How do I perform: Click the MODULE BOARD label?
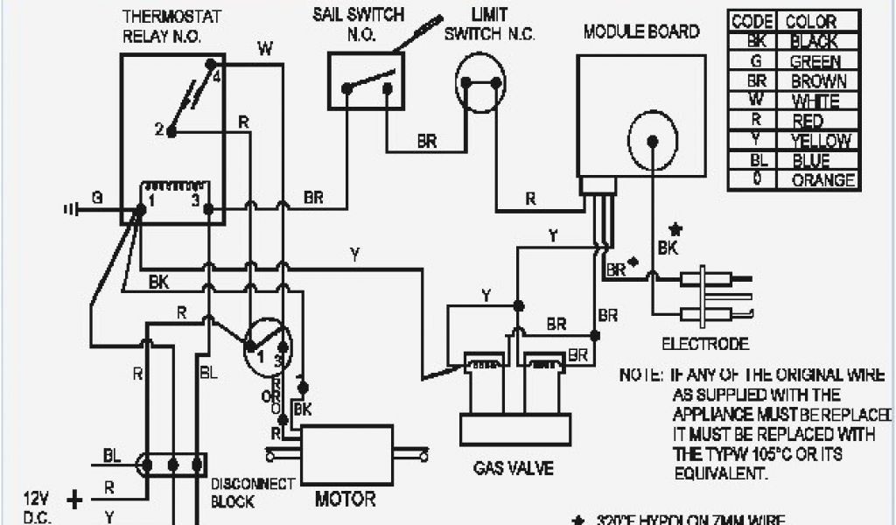[x=641, y=32]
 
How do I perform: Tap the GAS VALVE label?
[x=514, y=468]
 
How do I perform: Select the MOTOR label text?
[x=345, y=500]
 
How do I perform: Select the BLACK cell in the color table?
[x=813, y=41]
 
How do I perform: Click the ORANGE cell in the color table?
[x=822, y=180]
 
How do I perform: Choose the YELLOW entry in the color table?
[x=820, y=141]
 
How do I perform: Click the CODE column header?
[x=751, y=22]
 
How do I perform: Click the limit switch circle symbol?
[x=480, y=84]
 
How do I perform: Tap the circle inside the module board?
[x=653, y=139]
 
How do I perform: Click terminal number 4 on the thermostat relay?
[x=215, y=76]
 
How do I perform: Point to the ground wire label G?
[x=97, y=199]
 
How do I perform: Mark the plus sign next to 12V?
[x=75, y=500]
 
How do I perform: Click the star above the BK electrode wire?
[x=675, y=230]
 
